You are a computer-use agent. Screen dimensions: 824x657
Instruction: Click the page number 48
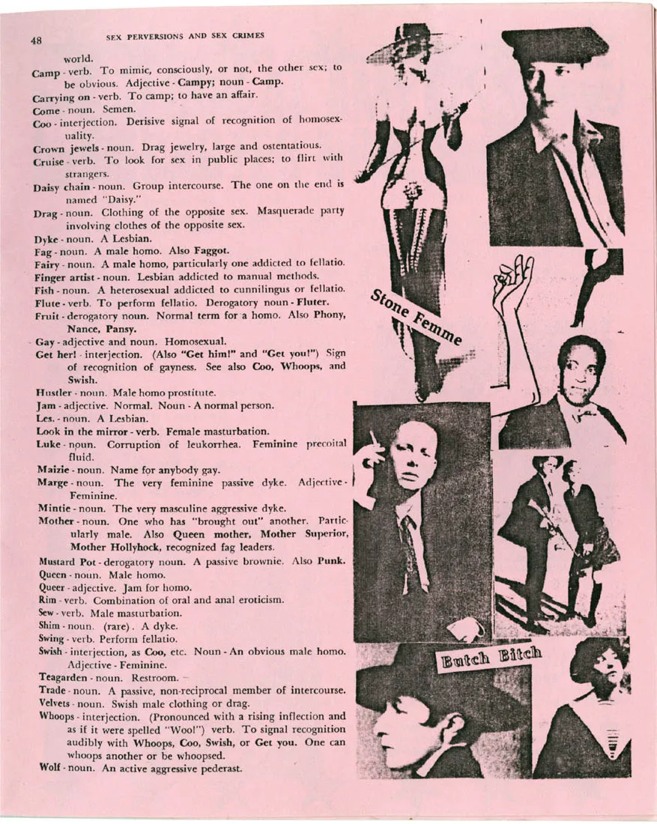pyautogui.click(x=36, y=42)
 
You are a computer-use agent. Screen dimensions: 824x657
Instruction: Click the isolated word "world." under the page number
pyautogui.click(x=79, y=57)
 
